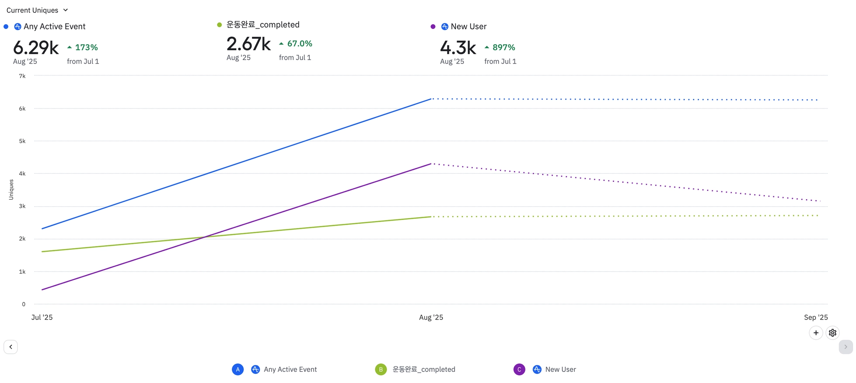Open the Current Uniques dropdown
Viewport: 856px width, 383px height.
tap(37, 10)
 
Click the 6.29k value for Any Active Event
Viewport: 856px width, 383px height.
tap(36, 48)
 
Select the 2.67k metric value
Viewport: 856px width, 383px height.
tap(248, 44)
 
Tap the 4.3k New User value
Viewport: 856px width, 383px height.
tap(458, 48)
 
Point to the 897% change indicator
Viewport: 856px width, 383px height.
tap(500, 47)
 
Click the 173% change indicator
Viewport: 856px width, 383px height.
tap(83, 47)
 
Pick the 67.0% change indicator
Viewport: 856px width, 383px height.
tap(296, 43)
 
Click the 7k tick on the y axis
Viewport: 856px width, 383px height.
tap(22, 76)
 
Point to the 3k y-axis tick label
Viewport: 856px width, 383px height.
tap(22, 206)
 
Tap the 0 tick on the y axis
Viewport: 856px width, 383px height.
tap(23, 304)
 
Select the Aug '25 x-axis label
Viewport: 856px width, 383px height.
tap(431, 317)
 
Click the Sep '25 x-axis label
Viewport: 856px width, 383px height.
tap(815, 317)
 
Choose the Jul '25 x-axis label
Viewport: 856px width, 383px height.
tap(42, 317)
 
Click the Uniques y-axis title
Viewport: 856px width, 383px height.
tap(11, 190)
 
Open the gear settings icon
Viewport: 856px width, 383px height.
tap(833, 333)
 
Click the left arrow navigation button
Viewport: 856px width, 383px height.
tap(11, 347)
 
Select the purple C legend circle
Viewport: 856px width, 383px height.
tap(519, 369)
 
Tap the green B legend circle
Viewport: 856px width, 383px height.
tap(381, 369)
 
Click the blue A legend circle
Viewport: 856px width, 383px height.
tap(237, 369)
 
